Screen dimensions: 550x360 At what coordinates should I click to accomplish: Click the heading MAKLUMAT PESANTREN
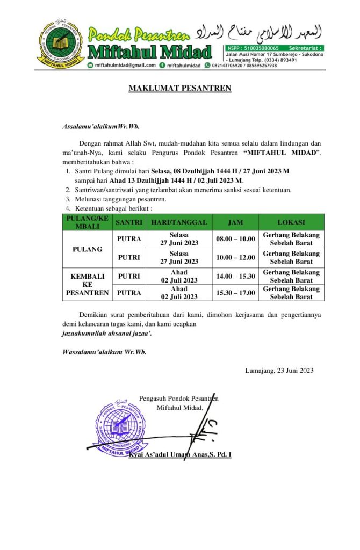(180, 88)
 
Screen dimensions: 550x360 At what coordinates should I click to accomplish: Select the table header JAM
(235, 222)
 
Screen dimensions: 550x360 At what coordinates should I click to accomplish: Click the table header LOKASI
(291, 222)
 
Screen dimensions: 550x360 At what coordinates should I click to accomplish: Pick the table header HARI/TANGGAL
(179, 222)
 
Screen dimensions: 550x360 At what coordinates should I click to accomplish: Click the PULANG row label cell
(87, 249)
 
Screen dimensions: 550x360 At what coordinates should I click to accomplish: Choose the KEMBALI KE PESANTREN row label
(87, 285)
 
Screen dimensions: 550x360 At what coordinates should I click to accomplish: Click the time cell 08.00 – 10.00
(235, 239)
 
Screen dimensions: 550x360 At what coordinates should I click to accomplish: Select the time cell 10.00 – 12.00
(235, 258)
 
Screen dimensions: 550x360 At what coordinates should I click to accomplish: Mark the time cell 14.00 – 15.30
(235, 277)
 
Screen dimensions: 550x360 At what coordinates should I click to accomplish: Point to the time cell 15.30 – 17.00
(235, 293)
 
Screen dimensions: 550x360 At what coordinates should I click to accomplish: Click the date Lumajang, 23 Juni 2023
(279, 370)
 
